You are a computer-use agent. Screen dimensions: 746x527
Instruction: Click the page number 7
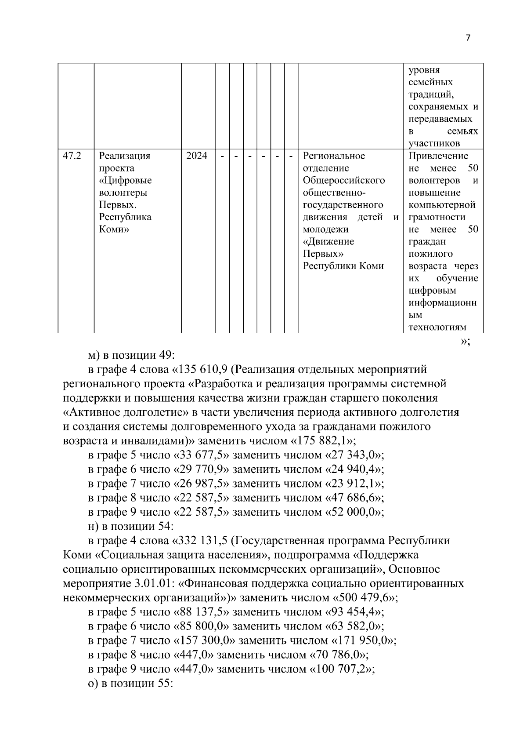[468, 38]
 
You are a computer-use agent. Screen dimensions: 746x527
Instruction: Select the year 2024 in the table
[196, 156]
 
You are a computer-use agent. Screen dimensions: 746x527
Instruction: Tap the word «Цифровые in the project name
[125, 180]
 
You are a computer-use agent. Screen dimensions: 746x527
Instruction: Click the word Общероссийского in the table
[344, 180]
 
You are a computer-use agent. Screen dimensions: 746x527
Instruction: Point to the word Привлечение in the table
[438, 156]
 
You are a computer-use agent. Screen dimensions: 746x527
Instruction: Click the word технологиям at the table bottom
[437, 327]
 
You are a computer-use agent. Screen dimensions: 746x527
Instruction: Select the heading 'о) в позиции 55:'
[131, 684]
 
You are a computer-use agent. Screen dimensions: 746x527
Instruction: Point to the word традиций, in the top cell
[431, 94]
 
